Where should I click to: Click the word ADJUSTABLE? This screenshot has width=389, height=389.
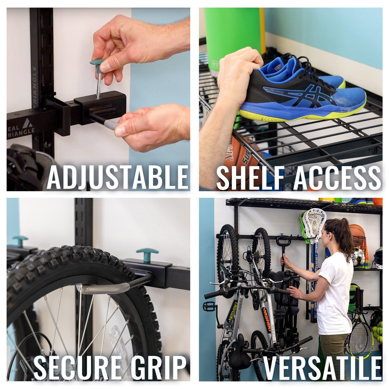click(118, 177)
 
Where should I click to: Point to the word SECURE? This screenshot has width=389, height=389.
click(77, 368)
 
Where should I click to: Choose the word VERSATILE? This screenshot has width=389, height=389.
click(322, 368)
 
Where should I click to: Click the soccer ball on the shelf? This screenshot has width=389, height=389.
click(359, 257)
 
